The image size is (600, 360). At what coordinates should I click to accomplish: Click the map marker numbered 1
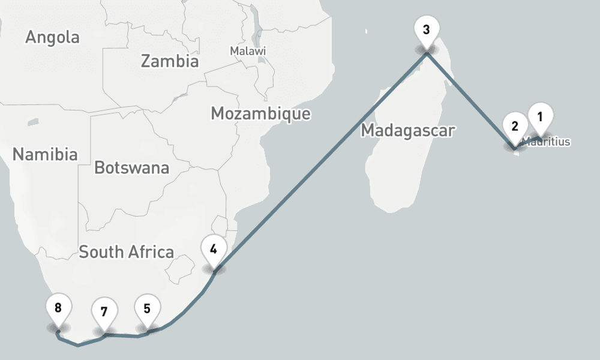point(540,117)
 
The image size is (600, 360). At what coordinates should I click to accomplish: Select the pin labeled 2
point(515,126)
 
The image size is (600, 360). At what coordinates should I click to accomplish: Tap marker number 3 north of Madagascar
point(426,30)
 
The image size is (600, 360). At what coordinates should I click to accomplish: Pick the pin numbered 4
point(214,247)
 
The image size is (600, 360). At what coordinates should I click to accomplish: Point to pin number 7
point(104,312)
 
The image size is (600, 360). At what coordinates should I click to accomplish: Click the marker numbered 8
point(58,308)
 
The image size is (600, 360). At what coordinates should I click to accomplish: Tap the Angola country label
point(52,37)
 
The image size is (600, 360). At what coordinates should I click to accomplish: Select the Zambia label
point(169,61)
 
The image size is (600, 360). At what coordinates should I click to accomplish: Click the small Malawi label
point(248,52)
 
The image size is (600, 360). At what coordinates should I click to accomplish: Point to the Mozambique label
point(261,113)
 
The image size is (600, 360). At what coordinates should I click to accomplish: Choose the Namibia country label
point(45,154)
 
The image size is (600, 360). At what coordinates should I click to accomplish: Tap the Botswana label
point(131,168)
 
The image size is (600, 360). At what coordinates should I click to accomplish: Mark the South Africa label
point(127,252)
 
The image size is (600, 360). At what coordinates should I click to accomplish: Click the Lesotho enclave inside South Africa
point(178,272)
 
